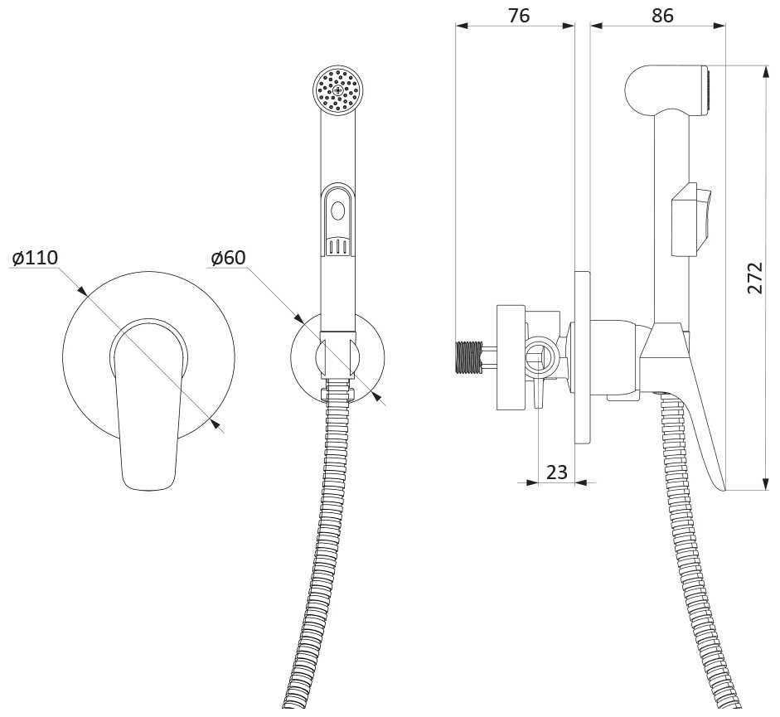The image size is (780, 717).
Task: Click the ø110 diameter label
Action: (x=35, y=258)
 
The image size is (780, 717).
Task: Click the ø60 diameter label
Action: (x=228, y=258)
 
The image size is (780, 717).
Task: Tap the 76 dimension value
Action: (x=519, y=16)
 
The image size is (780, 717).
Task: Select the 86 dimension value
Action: (x=662, y=16)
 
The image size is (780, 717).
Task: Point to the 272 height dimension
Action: (x=755, y=278)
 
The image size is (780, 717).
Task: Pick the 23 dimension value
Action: (x=557, y=472)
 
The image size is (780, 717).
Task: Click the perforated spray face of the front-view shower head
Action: (x=339, y=90)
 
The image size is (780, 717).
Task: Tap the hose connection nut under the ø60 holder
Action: (x=337, y=393)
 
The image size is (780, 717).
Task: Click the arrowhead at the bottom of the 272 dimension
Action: (x=764, y=483)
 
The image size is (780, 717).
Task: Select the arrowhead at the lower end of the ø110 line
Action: (x=215, y=423)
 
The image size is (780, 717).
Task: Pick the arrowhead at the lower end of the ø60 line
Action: (x=377, y=395)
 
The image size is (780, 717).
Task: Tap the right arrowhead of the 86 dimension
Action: (x=719, y=26)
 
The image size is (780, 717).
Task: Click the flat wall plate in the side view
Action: (x=582, y=357)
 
